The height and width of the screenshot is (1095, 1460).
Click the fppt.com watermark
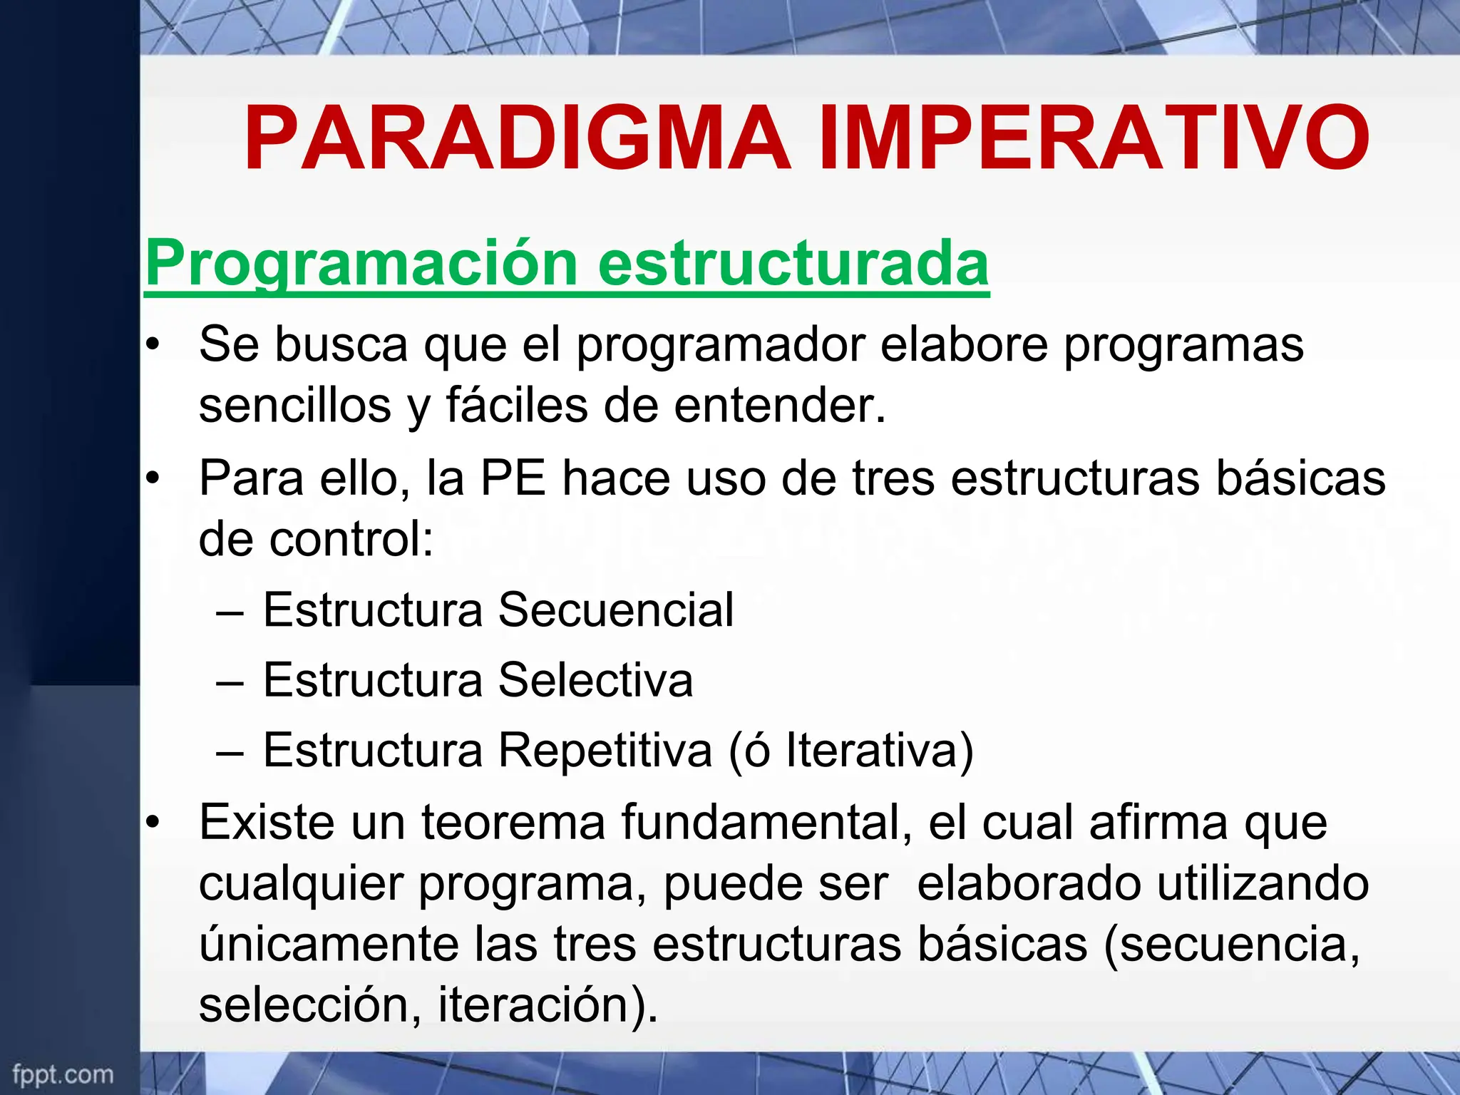coord(63,1074)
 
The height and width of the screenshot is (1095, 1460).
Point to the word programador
coord(720,345)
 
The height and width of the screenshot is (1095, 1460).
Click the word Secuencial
coord(615,610)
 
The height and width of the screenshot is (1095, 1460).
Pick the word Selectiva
coord(595,680)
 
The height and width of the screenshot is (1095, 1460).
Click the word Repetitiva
coord(605,750)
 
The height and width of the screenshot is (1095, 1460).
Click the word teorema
coord(513,823)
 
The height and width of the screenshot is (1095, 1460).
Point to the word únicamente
coord(329,944)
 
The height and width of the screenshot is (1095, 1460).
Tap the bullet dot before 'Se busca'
coord(151,346)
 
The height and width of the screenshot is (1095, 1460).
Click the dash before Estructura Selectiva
coord(230,681)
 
